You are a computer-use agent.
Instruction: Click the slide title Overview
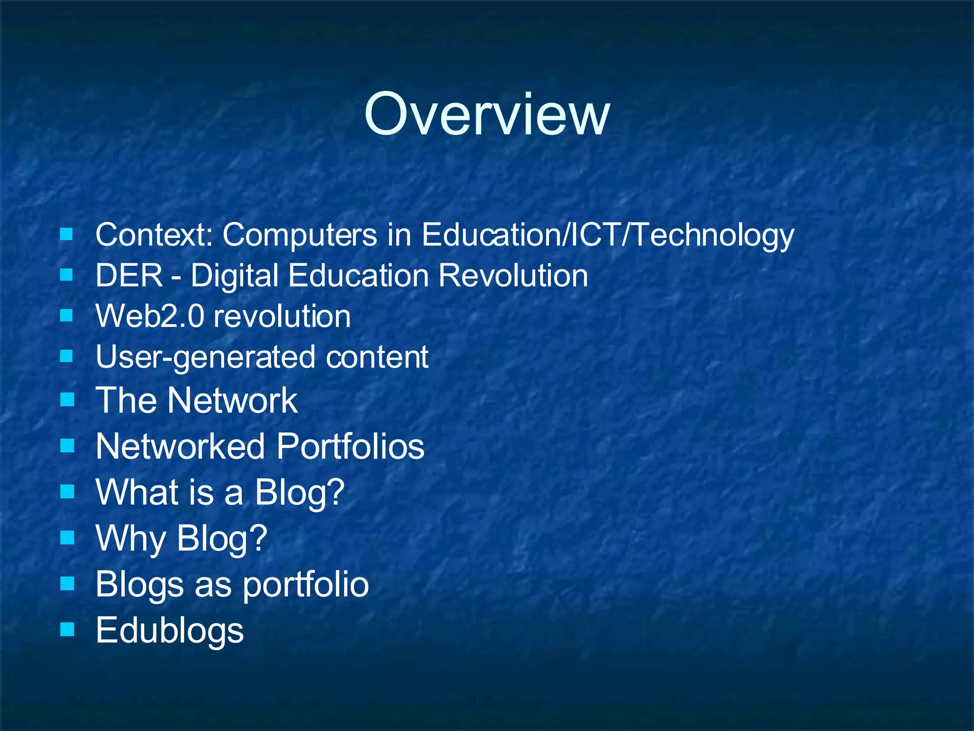click(x=487, y=115)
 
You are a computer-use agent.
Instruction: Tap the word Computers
click(x=300, y=235)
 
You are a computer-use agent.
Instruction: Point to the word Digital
click(x=234, y=276)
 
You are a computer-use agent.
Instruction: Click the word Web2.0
click(x=150, y=316)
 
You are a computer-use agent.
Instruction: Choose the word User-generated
click(x=205, y=357)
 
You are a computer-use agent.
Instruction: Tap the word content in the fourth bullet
click(x=377, y=357)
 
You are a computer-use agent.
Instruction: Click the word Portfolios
click(x=351, y=446)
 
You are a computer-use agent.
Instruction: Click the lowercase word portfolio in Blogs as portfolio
click(x=306, y=584)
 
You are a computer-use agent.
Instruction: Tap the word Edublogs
click(x=170, y=630)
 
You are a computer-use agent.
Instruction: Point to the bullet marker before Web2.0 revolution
click(x=67, y=315)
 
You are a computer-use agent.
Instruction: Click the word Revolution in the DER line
click(x=513, y=276)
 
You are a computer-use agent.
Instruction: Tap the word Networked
click(x=180, y=446)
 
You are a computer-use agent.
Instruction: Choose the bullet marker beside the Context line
click(x=67, y=234)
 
